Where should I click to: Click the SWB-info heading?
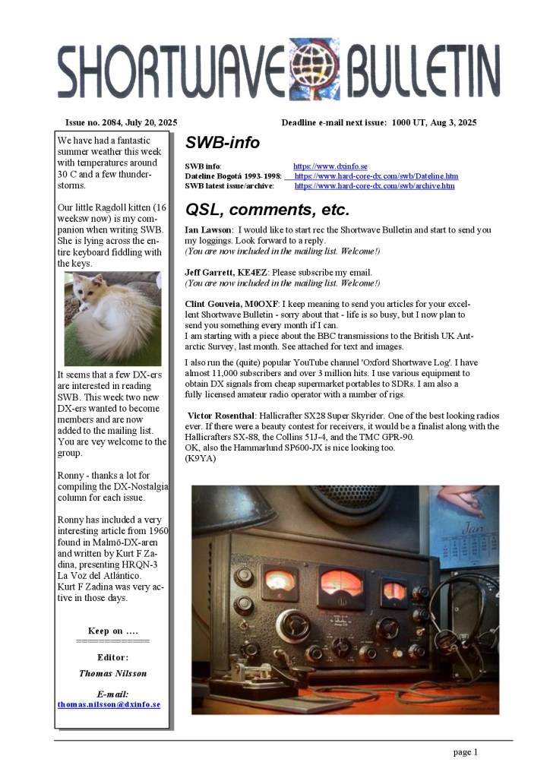coord(222,143)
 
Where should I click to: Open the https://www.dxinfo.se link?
coord(330,166)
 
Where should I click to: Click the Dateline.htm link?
coord(376,176)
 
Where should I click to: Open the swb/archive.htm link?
coord(375,185)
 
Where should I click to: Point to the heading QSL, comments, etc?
coord(267,210)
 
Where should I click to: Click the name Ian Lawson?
coord(208,229)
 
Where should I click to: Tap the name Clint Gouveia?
coord(219,303)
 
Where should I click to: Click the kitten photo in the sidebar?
coord(112,319)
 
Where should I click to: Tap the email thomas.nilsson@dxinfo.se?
coord(109,704)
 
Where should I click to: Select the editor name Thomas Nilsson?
coord(112,673)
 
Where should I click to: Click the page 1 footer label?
coord(465,752)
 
